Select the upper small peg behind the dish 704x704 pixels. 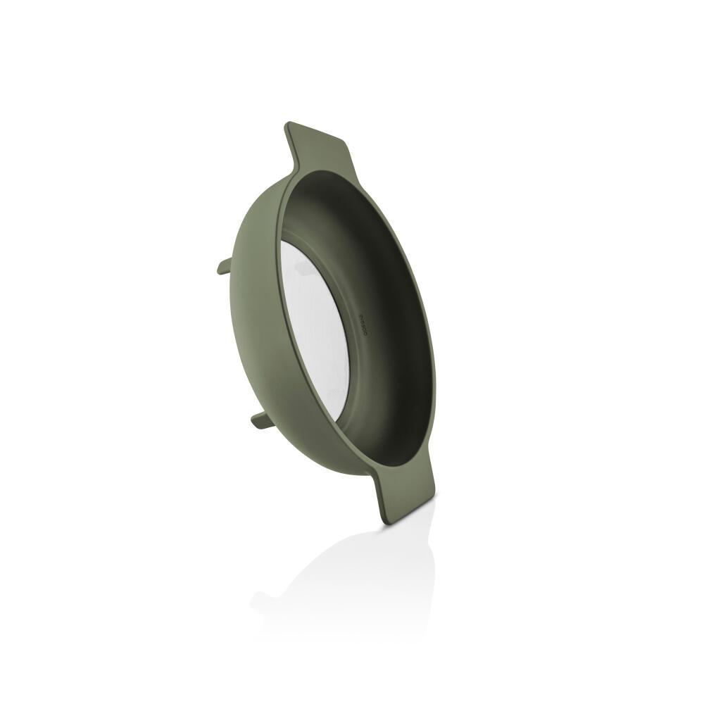point(225,266)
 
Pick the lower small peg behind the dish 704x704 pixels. point(262,420)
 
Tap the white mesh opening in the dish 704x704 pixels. point(316,331)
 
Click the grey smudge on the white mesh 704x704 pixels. point(301,268)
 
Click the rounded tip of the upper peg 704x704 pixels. point(219,268)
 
